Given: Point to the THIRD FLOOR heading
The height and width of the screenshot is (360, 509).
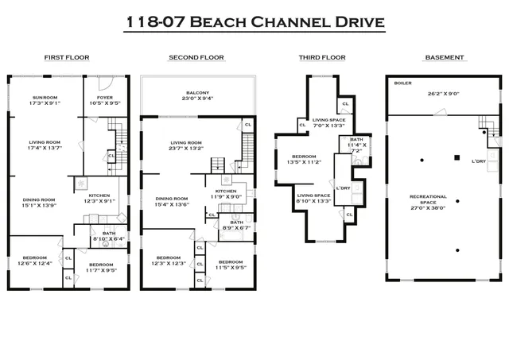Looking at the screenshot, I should [315, 58].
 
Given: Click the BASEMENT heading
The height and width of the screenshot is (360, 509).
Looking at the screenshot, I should [445, 58].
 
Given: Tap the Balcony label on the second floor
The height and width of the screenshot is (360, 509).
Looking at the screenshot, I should [196, 93].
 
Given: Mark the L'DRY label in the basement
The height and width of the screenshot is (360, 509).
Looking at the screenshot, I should [478, 162].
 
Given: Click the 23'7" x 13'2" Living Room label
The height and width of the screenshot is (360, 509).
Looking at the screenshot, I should [189, 146].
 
